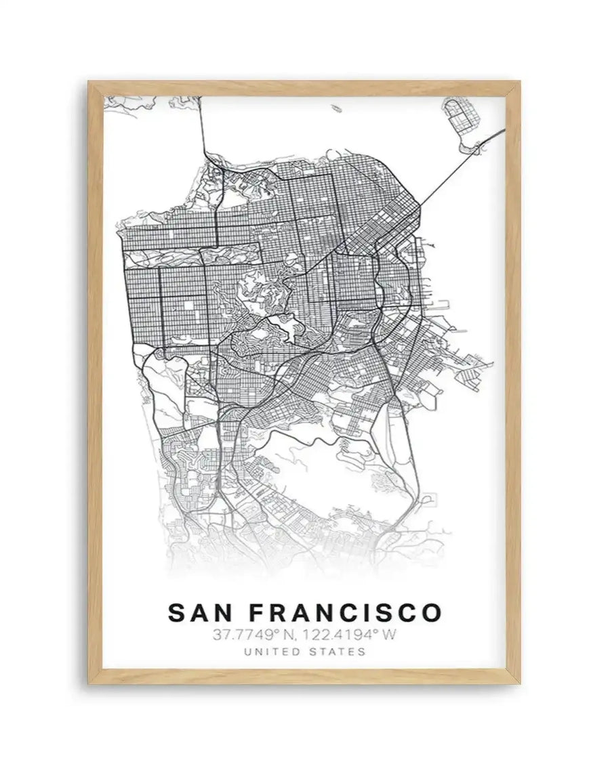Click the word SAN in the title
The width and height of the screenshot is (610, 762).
(202, 612)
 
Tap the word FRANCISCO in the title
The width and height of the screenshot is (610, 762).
(345, 612)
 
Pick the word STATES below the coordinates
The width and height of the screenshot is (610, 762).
(338, 652)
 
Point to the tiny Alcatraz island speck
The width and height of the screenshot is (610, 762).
(337, 106)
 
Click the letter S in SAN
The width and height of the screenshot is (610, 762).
(176, 612)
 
